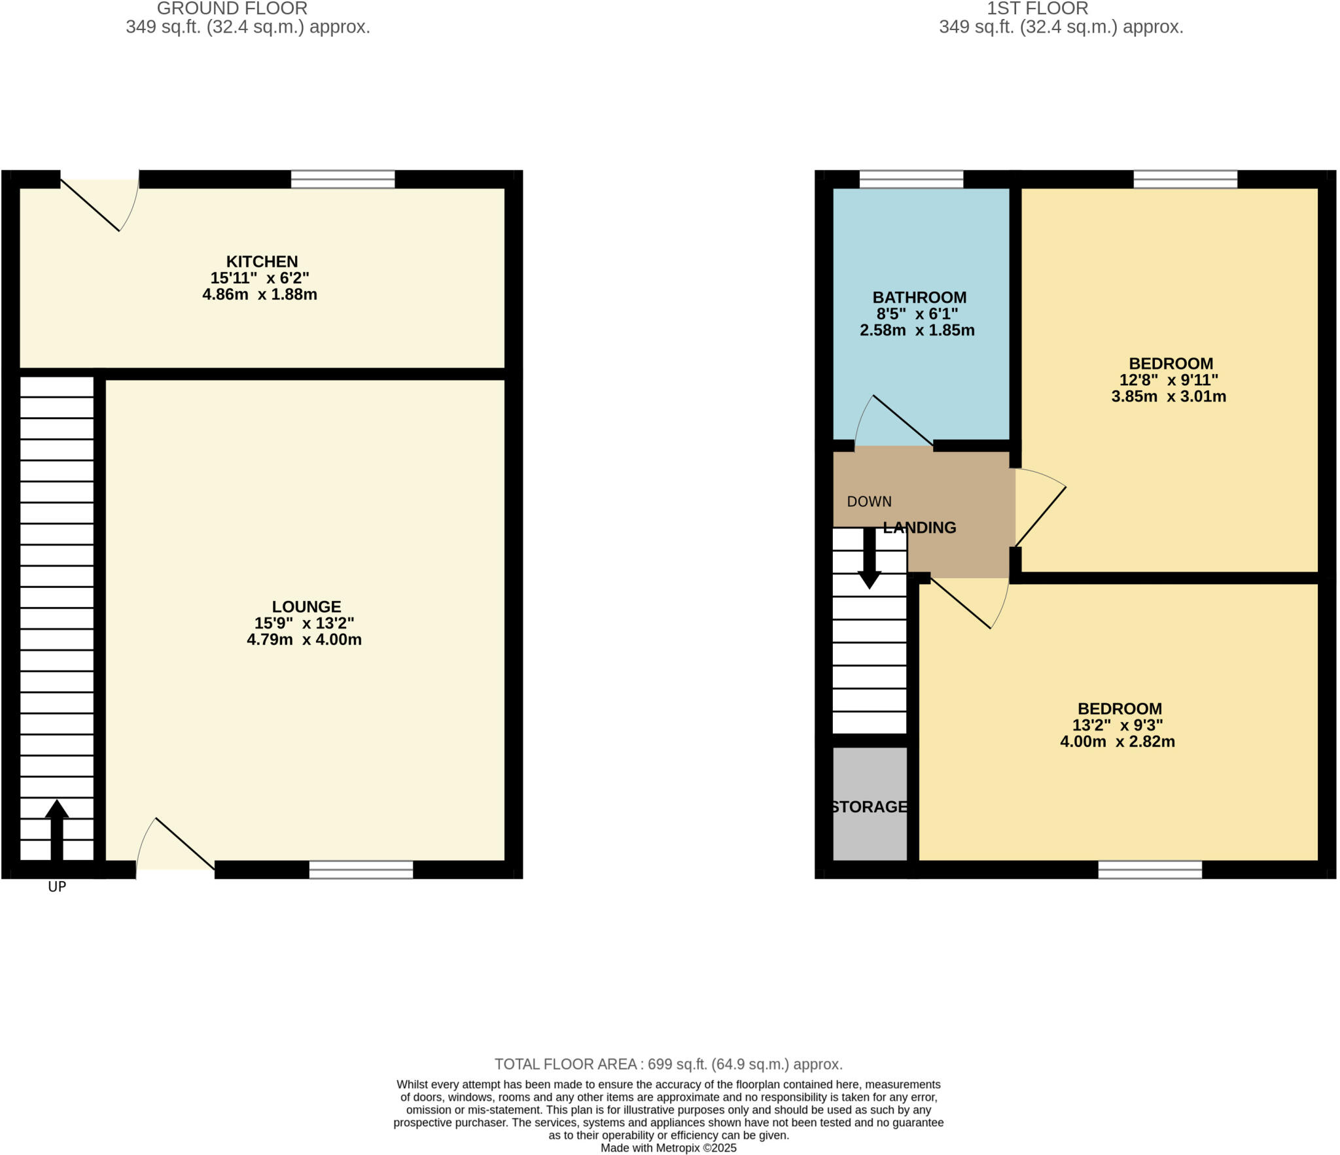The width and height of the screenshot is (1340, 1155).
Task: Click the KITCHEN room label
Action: [262, 262]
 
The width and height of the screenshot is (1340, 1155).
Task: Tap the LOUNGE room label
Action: [306, 607]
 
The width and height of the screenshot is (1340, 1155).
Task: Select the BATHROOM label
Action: [919, 298]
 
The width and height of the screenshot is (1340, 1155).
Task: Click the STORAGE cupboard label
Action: [869, 806]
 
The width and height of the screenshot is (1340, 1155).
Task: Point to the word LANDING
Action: [919, 527]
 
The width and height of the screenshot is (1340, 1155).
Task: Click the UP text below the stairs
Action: [57, 887]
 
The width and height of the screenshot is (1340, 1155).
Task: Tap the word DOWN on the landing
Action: [869, 502]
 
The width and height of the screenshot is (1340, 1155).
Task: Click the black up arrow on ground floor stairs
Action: [57, 827]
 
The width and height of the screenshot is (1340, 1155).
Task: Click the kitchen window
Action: [343, 179]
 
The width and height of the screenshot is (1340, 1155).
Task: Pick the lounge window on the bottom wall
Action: [361, 869]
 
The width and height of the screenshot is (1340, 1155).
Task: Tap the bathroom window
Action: [911, 179]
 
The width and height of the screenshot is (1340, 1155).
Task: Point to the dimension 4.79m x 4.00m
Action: [304, 640]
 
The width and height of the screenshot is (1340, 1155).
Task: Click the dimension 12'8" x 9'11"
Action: [1169, 380]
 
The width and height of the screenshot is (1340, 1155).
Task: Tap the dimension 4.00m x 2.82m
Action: [1118, 742]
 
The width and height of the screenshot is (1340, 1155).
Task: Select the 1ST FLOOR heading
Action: [1038, 9]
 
